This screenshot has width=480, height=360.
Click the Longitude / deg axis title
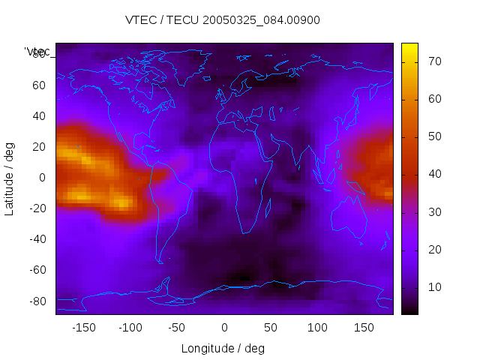pos(223,348)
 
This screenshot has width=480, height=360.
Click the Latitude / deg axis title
pos(10,178)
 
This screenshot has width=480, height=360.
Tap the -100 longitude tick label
pos(130,327)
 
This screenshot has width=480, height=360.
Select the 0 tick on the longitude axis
pos(224,327)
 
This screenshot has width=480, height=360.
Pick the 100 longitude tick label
pos(317,327)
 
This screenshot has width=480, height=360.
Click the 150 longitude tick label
pos(364,327)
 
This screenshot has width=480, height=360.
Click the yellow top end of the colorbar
pos(409,47)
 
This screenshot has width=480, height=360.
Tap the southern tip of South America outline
pos(160,262)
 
